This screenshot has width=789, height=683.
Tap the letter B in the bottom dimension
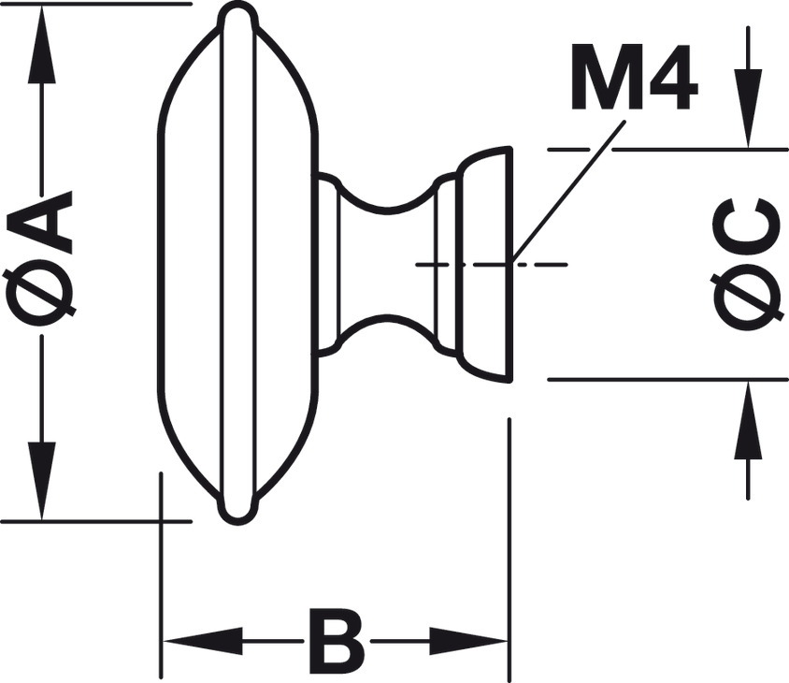point(336,643)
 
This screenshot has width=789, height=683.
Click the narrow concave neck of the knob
point(388,265)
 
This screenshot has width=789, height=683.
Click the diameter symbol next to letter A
point(42,297)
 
